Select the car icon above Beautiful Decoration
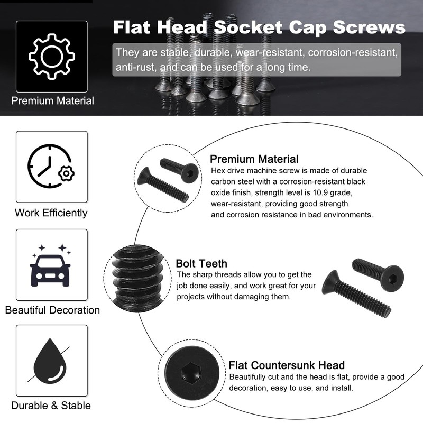[x=51, y=268]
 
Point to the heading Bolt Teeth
[x=201, y=263]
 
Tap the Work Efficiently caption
[x=51, y=213]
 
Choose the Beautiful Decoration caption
[x=52, y=310]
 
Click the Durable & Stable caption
[x=51, y=406]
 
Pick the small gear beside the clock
[x=66, y=173]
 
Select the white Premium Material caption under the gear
[x=53, y=100]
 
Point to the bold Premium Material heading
[x=254, y=159]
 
